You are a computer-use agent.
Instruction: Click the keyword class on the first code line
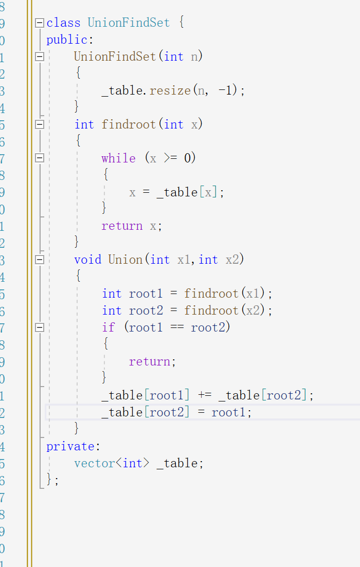pyautogui.click(x=63, y=23)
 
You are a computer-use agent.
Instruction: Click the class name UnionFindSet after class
pyautogui.click(x=129, y=23)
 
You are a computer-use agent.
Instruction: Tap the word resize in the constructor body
pyautogui.click(x=170, y=90)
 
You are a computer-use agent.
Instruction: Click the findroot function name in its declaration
pyautogui.click(x=129, y=124)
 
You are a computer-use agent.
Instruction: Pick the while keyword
pyautogui.click(x=118, y=158)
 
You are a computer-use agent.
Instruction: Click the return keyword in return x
pyautogui.click(x=122, y=226)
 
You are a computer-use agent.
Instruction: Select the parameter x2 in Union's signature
pyautogui.click(x=232, y=260)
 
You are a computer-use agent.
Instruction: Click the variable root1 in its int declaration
pyautogui.click(x=146, y=294)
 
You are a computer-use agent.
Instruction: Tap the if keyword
pyautogui.click(x=108, y=327)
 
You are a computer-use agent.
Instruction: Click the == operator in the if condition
pyautogui.click(x=176, y=327)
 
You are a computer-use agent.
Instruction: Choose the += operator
pyautogui.click(x=204, y=395)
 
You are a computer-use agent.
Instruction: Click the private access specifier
pyautogui.click(x=70, y=446)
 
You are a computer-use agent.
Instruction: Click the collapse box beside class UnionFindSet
pyautogui.click(x=40, y=23)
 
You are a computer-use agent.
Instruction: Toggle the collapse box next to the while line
pyautogui.click(x=40, y=158)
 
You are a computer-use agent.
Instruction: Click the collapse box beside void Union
pyautogui.click(x=40, y=260)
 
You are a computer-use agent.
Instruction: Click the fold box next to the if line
pyautogui.click(x=40, y=327)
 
